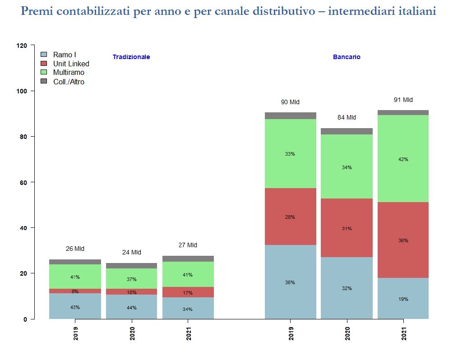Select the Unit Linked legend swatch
(44, 64)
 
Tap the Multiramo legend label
(69, 72)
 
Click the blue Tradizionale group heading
(131, 57)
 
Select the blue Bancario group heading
(347, 57)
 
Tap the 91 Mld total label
(403, 100)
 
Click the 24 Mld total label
(131, 252)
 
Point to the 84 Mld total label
(347, 117)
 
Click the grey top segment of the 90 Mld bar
(290, 115)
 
